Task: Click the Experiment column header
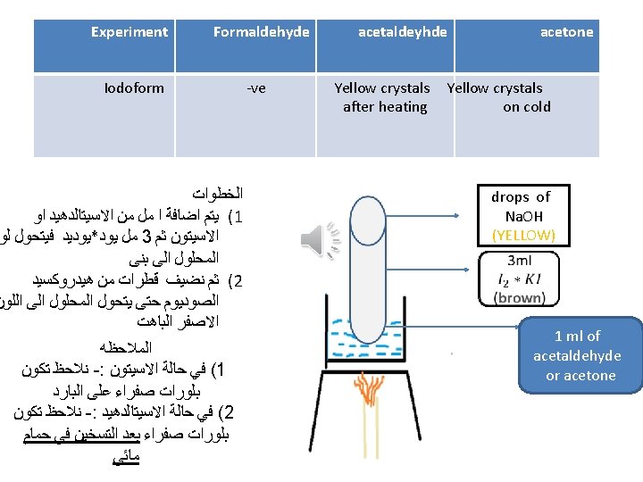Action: pos(129,32)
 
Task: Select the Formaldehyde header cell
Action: pos(261,32)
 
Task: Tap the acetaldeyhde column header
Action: pos(403,32)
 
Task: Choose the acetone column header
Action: pos(566,32)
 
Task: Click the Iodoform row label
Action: pos(134,87)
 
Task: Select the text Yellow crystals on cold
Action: pos(498,97)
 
